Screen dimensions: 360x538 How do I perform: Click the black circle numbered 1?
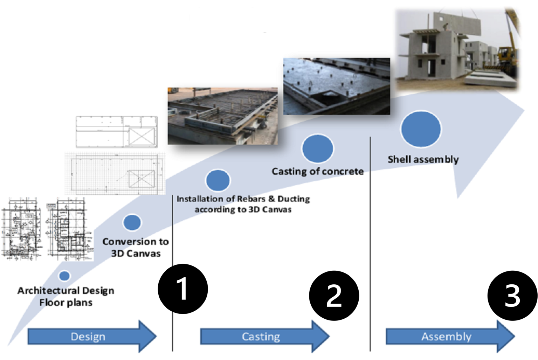pyautogui.click(x=183, y=289)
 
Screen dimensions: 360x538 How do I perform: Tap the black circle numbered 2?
pyautogui.click(x=334, y=296)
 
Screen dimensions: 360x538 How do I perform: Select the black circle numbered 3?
pyautogui.click(x=510, y=296)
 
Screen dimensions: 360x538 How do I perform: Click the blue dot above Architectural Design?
pyautogui.click(x=64, y=276)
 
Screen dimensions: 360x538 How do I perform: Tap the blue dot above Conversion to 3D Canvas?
pyautogui.click(x=132, y=222)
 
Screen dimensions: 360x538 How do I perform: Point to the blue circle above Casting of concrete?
pyautogui.click(x=318, y=148)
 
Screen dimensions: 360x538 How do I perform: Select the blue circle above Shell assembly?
pyautogui.click(x=421, y=129)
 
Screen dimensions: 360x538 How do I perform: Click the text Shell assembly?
pyautogui.click(x=423, y=160)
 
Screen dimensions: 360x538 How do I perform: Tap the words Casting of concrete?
pyautogui.click(x=318, y=172)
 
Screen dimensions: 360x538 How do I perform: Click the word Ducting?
pyautogui.click(x=294, y=199)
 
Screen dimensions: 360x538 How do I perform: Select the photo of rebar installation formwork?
pyautogui.click(x=222, y=116)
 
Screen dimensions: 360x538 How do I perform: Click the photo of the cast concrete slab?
pyautogui.click(x=336, y=86)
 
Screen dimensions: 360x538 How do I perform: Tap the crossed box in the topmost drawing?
pyautogui.click(x=142, y=136)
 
